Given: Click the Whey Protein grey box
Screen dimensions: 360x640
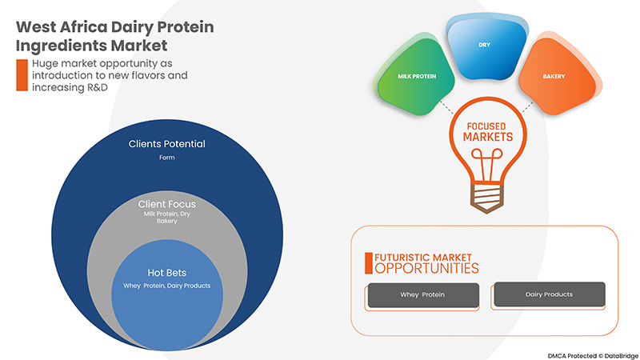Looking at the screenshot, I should (x=422, y=294).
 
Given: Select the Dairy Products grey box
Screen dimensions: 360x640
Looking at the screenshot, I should (x=549, y=294).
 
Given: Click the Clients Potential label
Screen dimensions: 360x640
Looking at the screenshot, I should (x=166, y=144).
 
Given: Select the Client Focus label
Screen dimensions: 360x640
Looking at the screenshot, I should (x=166, y=204).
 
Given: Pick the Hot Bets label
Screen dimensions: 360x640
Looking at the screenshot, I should (x=166, y=273).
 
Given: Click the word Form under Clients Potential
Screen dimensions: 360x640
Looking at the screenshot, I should (x=166, y=158).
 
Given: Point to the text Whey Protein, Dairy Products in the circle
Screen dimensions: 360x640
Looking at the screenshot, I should (x=166, y=286).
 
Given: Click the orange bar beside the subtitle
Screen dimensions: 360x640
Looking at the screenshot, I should (x=22, y=74).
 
